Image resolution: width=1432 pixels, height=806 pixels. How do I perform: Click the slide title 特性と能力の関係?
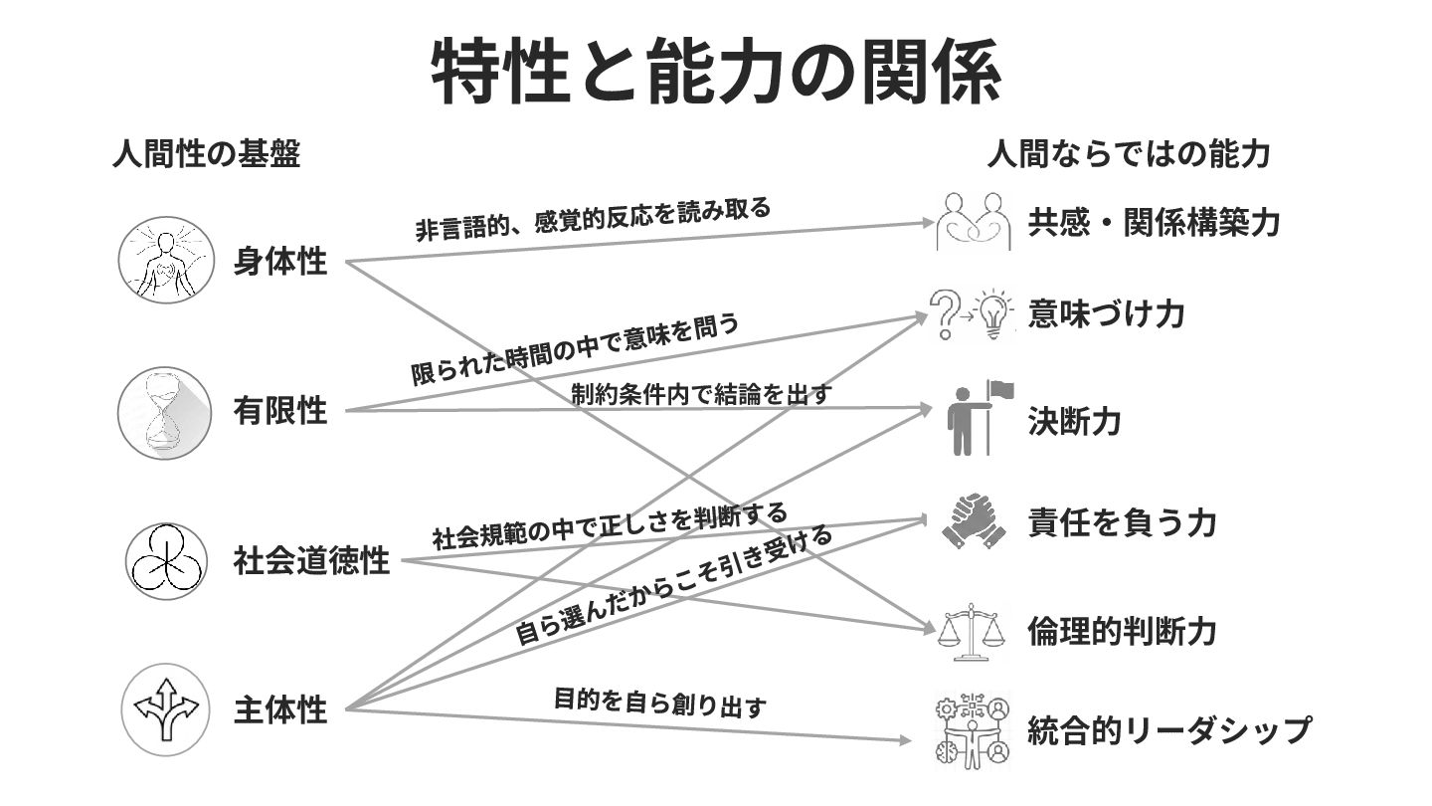click(715, 73)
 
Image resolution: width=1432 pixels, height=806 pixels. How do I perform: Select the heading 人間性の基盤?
click(206, 154)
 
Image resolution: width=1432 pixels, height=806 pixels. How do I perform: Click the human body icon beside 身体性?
click(167, 260)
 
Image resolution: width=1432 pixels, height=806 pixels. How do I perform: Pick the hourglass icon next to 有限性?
click(164, 412)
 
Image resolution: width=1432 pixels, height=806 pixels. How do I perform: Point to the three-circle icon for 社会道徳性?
click(167, 561)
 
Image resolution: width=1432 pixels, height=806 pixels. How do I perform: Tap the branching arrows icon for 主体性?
click(167, 708)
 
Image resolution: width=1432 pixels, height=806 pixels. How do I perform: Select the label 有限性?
click(280, 410)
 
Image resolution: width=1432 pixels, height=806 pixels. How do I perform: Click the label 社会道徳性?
click(311, 561)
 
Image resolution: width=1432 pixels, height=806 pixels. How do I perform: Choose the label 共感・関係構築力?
click(1154, 222)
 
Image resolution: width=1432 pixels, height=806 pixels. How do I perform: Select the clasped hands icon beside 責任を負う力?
click(972, 521)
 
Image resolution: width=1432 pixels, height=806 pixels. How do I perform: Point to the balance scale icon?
click(971, 631)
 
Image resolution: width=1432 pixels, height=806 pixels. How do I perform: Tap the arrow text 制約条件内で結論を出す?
click(701, 393)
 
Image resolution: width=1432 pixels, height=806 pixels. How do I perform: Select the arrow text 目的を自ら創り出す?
click(659, 703)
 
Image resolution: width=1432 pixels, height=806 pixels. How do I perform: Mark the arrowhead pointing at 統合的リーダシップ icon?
click(904, 740)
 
